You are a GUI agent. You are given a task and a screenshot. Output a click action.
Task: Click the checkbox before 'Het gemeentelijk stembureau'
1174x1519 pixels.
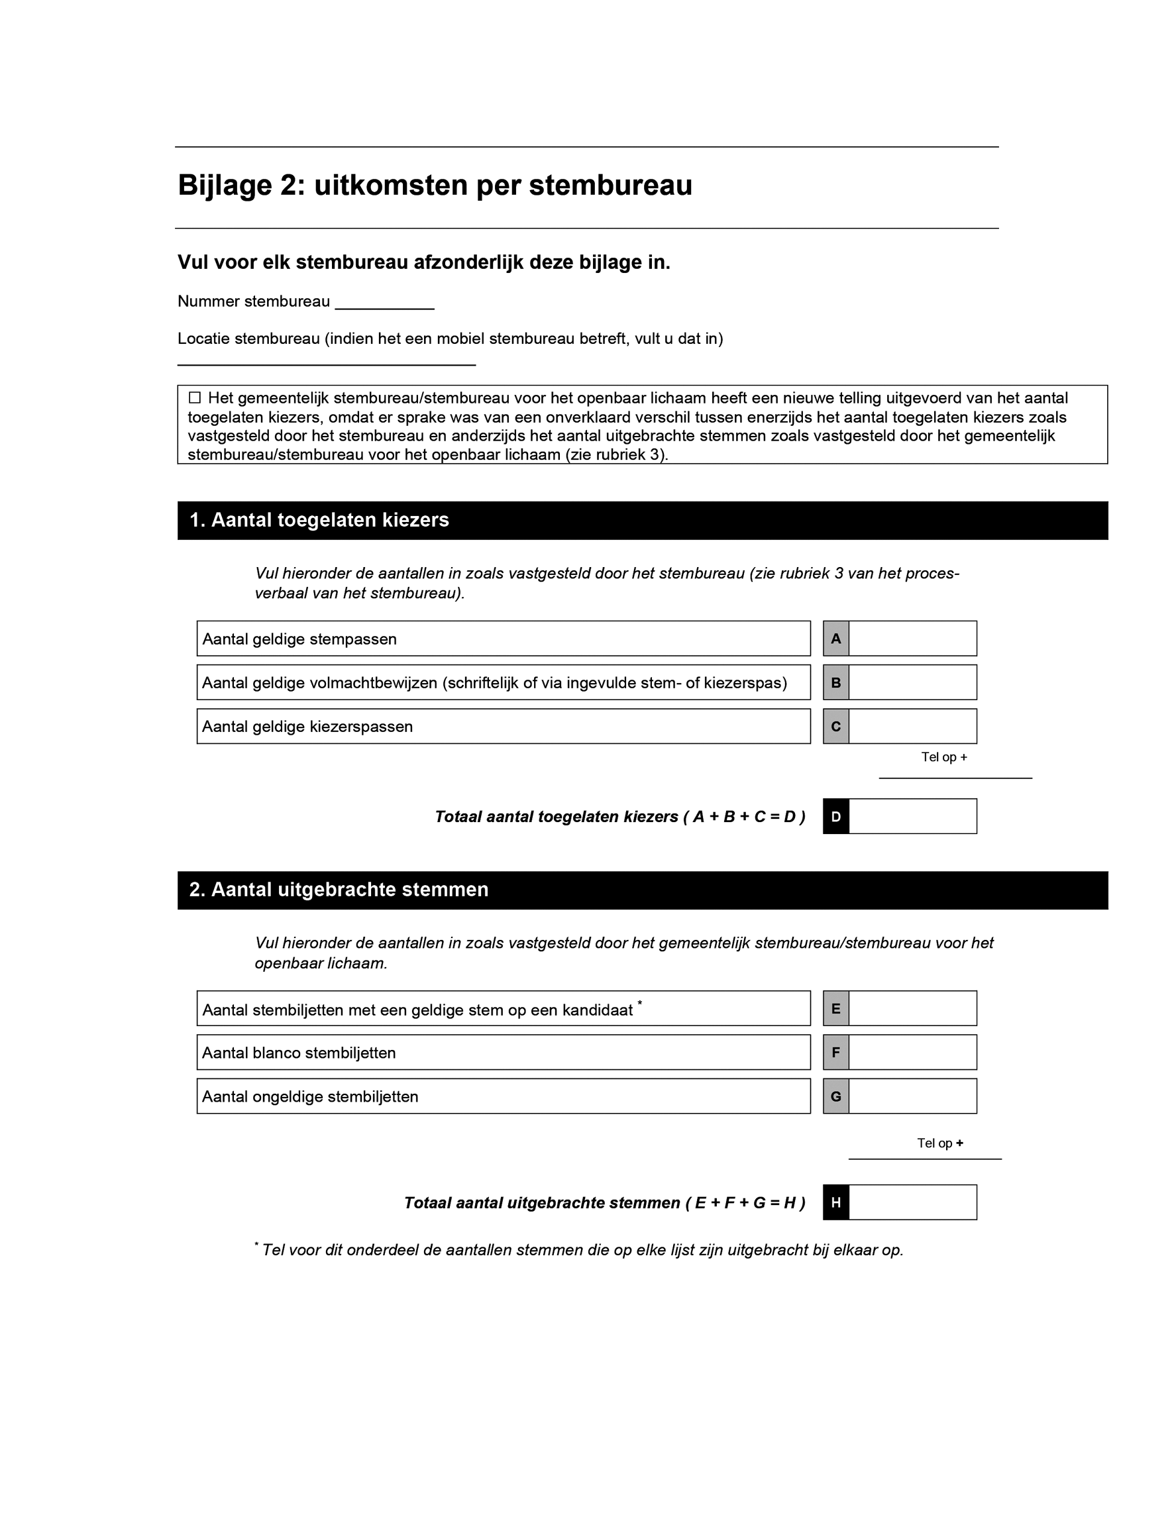[195, 398]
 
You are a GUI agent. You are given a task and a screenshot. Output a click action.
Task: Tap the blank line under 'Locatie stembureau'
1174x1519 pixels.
[326, 363]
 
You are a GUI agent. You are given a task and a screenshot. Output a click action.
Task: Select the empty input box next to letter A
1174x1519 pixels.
[912, 639]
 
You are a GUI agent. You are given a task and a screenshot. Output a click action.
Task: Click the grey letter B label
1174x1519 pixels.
[835, 682]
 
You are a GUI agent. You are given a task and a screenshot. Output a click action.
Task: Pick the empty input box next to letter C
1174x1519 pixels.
[912, 726]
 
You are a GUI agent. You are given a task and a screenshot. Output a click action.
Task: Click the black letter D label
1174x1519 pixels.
[835, 816]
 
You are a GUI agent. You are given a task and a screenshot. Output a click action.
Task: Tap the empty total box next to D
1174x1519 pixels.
[912, 816]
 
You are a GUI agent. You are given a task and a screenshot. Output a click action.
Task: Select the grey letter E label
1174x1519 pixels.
[835, 1008]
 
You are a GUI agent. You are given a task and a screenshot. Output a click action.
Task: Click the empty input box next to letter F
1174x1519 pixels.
[912, 1053]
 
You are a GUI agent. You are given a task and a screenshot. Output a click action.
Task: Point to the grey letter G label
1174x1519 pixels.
[835, 1096]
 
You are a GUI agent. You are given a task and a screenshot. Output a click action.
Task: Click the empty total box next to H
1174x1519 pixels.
[912, 1202]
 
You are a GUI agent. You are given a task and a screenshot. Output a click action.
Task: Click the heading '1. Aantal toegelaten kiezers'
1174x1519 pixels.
[319, 520]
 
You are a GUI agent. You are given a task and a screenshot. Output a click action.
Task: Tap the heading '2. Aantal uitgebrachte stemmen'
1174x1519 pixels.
[339, 890]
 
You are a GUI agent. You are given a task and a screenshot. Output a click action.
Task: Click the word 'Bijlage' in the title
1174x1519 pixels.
[224, 185]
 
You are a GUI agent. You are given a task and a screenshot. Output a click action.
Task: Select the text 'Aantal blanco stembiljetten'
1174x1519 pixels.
[299, 1053]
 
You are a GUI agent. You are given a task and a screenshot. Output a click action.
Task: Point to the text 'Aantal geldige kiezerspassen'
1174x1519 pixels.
[307, 727]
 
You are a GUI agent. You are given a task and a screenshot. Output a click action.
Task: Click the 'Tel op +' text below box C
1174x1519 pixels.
[944, 757]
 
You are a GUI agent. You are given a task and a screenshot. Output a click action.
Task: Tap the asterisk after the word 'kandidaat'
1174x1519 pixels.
[639, 1002]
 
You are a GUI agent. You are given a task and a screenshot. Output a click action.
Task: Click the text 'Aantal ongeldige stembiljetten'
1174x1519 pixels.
[310, 1097]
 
